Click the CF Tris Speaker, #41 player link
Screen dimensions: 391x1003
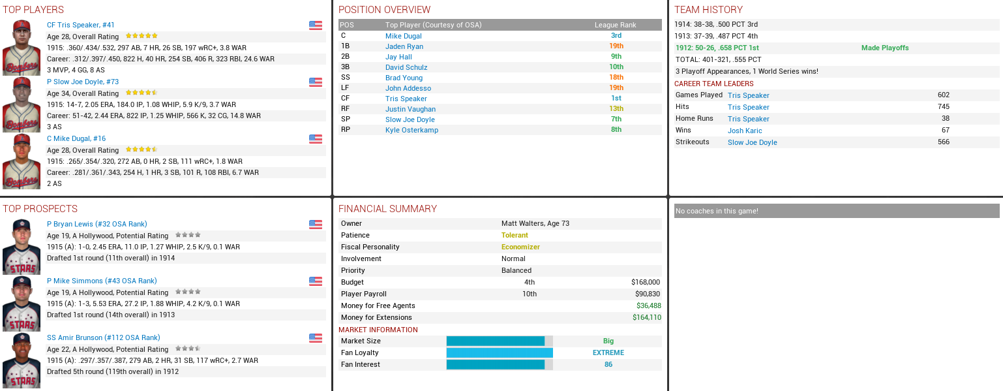pos(80,25)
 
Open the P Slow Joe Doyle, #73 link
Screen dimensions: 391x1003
pos(83,82)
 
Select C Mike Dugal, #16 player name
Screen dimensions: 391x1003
pos(76,138)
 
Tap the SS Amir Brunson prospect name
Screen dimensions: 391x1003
pos(103,337)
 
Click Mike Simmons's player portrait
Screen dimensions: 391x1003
pos(21,304)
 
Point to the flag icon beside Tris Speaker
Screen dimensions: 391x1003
pos(316,25)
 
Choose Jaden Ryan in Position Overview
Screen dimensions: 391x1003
pos(404,46)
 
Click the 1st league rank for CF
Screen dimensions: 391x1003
pos(616,99)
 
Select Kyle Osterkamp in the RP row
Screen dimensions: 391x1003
pos(412,130)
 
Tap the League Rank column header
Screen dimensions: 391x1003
pos(615,25)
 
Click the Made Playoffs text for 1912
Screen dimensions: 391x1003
pos(884,48)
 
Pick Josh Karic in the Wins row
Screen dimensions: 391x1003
pos(745,131)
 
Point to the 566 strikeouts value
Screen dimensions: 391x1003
pos(943,142)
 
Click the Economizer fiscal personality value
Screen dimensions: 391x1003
pos(520,247)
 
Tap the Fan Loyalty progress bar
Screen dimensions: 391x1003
pos(500,352)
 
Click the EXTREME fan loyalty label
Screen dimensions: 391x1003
pos(608,352)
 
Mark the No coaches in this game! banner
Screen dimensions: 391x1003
pos(836,211)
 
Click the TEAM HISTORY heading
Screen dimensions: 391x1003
pos(708,10)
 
